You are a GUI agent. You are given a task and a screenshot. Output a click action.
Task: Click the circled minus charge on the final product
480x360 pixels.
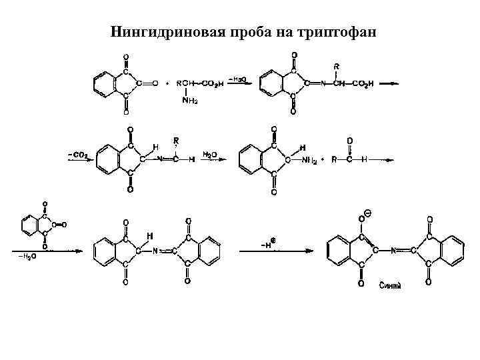[369, 214]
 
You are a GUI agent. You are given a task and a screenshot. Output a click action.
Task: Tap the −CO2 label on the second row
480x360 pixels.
[78, 155]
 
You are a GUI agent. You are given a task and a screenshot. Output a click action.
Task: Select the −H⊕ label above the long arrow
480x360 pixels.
[269, 244]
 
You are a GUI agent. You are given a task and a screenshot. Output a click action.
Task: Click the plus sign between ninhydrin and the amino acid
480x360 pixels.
[167, 84]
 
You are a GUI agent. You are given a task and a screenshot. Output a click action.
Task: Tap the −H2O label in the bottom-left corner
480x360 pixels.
[26, 255]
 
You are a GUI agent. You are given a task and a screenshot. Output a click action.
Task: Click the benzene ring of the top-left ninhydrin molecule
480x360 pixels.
[103, 84]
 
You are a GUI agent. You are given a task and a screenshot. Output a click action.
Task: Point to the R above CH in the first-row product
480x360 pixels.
[337, 67]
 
